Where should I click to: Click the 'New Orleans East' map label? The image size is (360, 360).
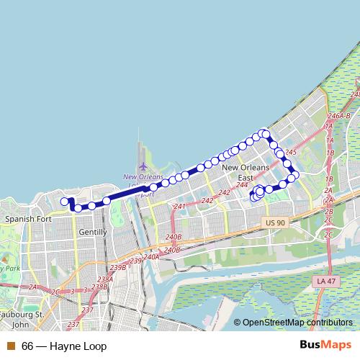(246, 172)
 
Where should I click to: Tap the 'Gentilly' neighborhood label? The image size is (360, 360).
(93, 232)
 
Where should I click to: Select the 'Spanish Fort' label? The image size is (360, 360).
(25, 218)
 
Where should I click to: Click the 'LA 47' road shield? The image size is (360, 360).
(326, 279)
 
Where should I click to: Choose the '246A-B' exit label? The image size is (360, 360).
(338, 115)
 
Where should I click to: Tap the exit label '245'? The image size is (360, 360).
(291, 153)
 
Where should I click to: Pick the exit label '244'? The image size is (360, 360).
(241, 185)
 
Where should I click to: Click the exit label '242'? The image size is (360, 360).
(224, 192)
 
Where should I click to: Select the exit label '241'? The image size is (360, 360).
(179, 207)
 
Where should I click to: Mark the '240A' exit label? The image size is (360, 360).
(151, 256)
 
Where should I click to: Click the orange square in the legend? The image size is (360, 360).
(10, 346)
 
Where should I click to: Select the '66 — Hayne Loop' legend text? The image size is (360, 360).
(64, 346)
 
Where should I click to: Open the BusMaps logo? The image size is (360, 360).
(331, 346)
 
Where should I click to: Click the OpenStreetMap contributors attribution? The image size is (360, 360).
(297, 323)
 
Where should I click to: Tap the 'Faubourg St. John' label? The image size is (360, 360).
(23, 320)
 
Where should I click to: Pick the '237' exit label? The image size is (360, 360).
(88, 310)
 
